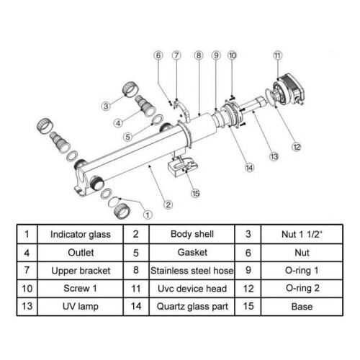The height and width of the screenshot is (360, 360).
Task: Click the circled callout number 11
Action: pos(277,55)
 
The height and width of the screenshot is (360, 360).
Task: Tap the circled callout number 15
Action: pos(196,194)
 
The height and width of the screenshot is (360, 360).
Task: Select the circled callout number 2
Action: pos(168,204)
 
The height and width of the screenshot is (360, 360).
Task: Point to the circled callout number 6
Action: pos(158,55)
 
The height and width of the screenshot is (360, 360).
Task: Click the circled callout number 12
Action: pos(297,147)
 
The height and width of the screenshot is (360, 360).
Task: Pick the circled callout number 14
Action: pos(249,168)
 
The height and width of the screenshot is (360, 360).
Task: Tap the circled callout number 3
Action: pos(106,106)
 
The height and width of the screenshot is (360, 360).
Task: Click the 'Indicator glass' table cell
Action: pos(81,234)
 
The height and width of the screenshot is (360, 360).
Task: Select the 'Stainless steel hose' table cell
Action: pos(192,271)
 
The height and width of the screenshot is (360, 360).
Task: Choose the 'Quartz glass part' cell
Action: pos(192,307)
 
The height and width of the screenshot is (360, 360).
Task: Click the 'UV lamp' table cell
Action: pos(81,307)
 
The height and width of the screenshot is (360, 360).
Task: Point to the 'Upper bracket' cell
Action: pos(81,271)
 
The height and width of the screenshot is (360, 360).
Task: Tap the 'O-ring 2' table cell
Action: pos(302,289)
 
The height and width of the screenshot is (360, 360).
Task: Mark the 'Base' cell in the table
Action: pos(302,307)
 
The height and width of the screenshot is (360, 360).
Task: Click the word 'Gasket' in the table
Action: pos(192,253)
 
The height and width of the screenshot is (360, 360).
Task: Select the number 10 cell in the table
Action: pos(27,289)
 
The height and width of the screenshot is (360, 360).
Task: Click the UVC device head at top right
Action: pos(289,91)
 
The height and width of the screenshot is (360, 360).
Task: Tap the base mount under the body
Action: pos(183,166)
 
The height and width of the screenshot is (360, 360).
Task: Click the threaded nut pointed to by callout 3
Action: pos(130,89)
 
